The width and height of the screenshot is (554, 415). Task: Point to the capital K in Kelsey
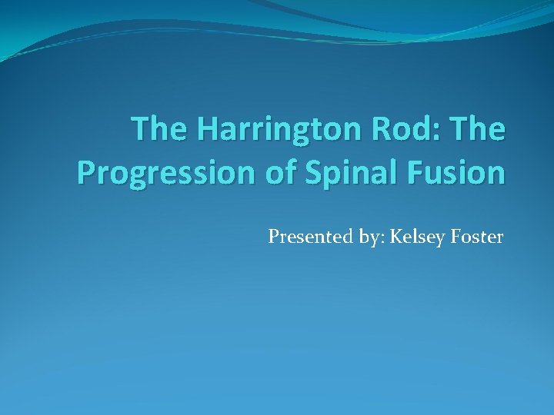click(x=396, y=237)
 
